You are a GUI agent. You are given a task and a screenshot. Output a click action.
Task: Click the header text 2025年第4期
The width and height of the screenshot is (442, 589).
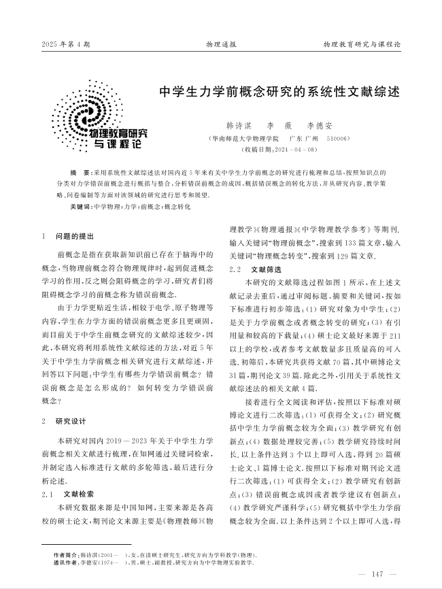coord(65,44)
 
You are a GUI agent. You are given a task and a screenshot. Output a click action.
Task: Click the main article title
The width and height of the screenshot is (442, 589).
coord(279,91)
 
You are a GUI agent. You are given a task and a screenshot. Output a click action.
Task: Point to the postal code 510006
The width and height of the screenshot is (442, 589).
coord(336,138)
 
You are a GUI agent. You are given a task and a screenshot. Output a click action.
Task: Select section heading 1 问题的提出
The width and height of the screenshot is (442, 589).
coord(69,236)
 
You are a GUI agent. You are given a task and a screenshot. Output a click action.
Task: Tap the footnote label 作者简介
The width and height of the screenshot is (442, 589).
coord(66,554)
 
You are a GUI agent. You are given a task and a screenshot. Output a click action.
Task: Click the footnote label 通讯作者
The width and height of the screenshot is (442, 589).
coord(66,562)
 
